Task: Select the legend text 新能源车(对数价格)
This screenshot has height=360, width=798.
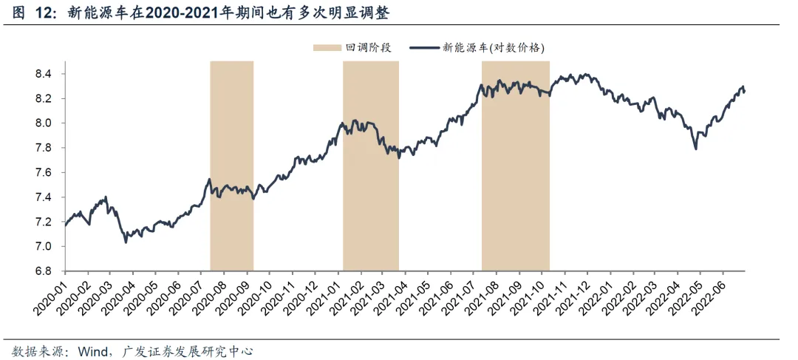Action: [x=494, y=48]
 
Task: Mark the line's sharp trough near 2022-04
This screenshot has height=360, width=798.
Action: [x=696, y=149]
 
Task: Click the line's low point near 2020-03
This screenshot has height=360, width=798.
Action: [x=126, y=241]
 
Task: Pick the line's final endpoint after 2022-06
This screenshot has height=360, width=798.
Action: [x=744, y=92]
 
